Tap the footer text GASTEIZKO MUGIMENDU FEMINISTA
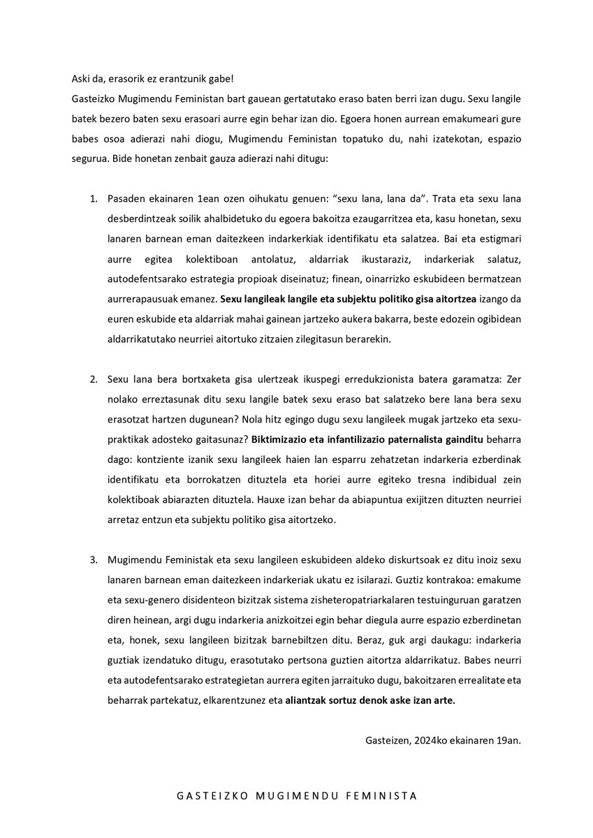297,795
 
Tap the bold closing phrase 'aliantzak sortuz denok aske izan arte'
370,703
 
